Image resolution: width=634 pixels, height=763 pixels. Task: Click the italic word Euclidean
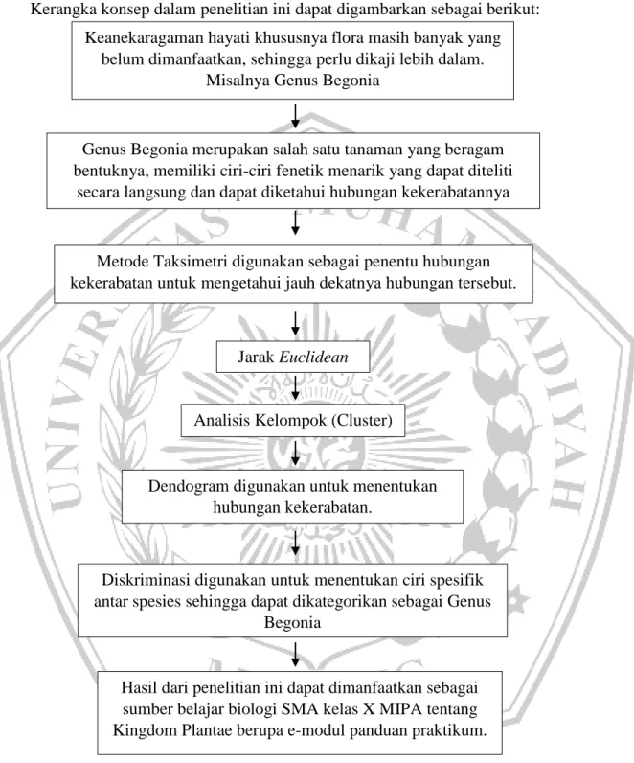pos(313,358)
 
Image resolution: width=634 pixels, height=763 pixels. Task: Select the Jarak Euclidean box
pos(293,358)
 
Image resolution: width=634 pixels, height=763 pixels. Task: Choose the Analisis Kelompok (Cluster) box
pos(293,421)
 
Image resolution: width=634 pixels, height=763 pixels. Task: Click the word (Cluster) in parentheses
pos(362,421)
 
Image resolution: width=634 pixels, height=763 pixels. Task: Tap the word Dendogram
pos(188,486)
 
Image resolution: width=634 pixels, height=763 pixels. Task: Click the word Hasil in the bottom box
pos(139,687)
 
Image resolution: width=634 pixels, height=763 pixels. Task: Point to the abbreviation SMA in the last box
pos(299,709)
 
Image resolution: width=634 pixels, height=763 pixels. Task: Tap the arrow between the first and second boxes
pos(295,116)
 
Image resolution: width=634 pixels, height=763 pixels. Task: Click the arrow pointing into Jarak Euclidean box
pos(295,323)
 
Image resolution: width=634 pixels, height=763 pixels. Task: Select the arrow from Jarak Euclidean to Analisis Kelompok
pos(295,388)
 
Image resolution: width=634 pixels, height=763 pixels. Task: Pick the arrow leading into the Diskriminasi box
pos(295,543)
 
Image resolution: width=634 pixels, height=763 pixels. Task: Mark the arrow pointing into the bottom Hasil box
pos(295,655)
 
